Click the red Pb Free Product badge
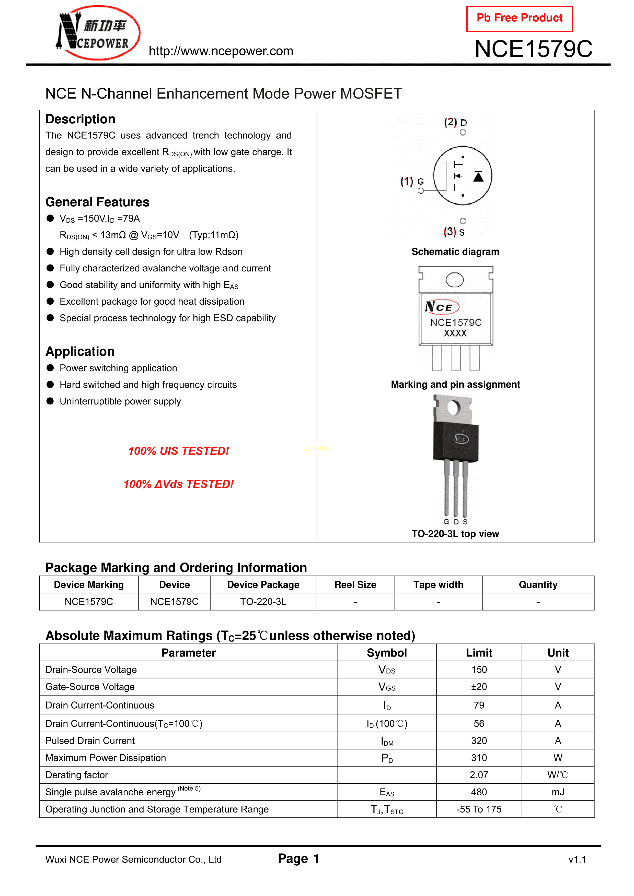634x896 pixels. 519,18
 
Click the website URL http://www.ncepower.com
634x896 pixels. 221,51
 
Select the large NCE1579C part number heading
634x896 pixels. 533,49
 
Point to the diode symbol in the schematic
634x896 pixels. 478,177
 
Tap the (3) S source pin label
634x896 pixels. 454,232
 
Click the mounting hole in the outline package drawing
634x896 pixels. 454,280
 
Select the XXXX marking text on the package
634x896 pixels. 455,333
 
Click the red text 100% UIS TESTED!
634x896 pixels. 179,451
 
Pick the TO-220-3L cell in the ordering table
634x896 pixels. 263,602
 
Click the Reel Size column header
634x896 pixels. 355,584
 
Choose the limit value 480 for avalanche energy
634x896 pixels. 479,792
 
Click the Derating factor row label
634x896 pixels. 77,775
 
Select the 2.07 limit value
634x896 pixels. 479,775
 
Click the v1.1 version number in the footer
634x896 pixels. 577,859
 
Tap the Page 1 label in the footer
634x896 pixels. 298,858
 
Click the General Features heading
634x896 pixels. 97,202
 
